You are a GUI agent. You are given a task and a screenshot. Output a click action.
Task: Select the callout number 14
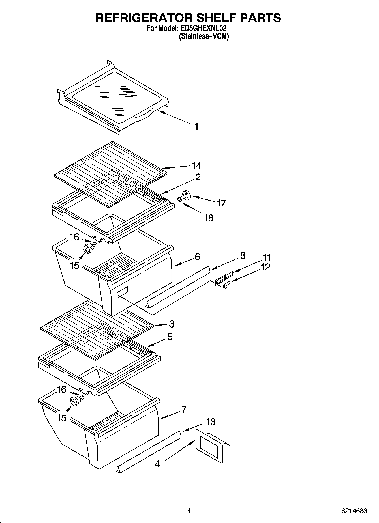point(196,165)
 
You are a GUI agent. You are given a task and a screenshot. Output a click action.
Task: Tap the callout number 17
point(221,203)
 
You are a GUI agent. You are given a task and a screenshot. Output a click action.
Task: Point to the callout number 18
point(209,218)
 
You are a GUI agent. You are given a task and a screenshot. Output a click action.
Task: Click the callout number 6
point(197,257)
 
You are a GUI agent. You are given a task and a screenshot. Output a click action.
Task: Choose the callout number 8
point(242,255)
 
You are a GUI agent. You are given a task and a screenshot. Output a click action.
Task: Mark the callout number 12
point(265,267)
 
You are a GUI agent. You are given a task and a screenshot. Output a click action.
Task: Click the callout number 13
point(211,422)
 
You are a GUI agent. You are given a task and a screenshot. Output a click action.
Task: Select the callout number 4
point(157,464)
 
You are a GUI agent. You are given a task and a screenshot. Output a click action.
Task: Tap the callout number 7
point(184,409)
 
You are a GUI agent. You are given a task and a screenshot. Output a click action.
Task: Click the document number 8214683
point(354,511)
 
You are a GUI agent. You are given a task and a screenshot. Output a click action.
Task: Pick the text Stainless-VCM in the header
point(204,36)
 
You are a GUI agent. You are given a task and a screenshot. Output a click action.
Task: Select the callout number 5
point(170,337)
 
